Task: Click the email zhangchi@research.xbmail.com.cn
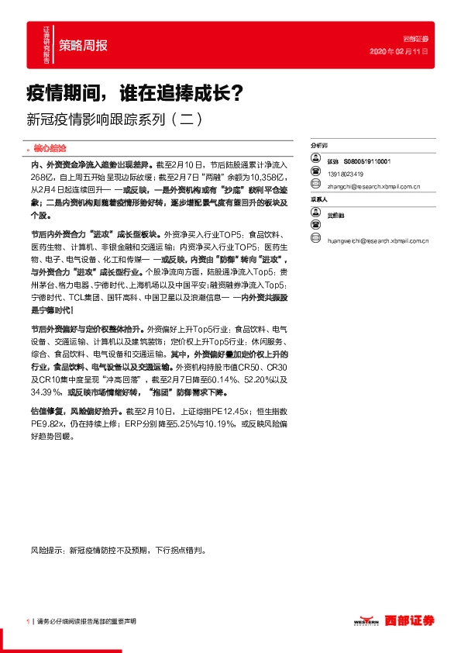coord(374,186)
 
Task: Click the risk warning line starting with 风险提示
coord(119,551)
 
